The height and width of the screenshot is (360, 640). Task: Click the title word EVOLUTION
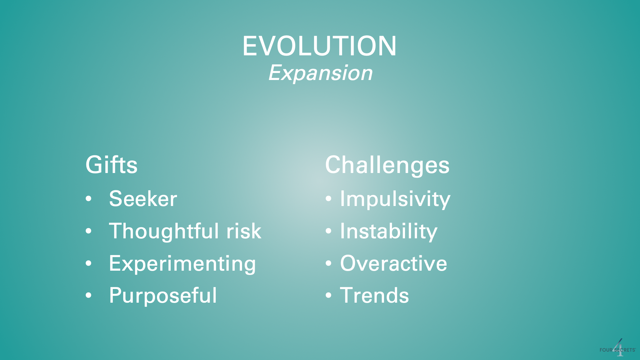[x=319, y=46]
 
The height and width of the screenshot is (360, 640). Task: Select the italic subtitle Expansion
[x=320, y=73]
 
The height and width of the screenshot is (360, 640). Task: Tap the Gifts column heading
[x=111, y=165]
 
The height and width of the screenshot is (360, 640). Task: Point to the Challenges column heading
[x=387, y=165]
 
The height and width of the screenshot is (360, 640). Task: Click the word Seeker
[x=143, y=199]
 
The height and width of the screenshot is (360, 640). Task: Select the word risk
[x=244, y=231]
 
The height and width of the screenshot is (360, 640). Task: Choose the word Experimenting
[x=182, y=264]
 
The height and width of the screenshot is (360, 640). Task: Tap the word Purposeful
[x=163, y=295]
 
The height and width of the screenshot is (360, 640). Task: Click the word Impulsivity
[x=395, y=199]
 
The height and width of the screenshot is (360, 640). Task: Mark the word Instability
[x=389, y=231]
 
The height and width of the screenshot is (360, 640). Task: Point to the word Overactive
[x=393, y=263]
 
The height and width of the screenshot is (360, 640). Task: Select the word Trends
[x=374, y=295]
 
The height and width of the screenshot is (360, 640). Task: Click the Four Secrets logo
[x=618, y=348]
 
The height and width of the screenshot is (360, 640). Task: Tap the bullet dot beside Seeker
[x=88, y=199]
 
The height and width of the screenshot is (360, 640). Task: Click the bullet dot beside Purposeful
[x=88, y=296]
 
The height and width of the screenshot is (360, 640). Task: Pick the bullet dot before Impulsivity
[x=329, y=199]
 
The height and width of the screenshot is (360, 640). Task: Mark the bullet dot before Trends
[x=329, y=296]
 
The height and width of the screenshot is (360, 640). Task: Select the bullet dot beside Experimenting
[x=88, y=264]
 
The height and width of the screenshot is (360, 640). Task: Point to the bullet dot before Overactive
[x=329, y=264]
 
